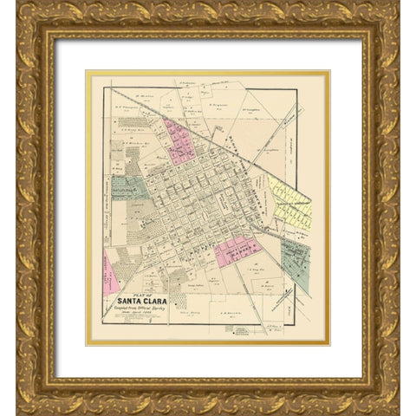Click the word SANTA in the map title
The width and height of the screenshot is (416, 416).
pos(128,302)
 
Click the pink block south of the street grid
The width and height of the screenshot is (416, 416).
pos(237,250)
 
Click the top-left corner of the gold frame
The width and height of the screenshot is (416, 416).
pos(19,18)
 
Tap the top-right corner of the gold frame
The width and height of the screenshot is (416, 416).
pos(397,18)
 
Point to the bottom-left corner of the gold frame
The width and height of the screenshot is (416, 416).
pos(19,397)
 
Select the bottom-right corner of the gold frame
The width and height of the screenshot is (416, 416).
pos(397,397)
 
